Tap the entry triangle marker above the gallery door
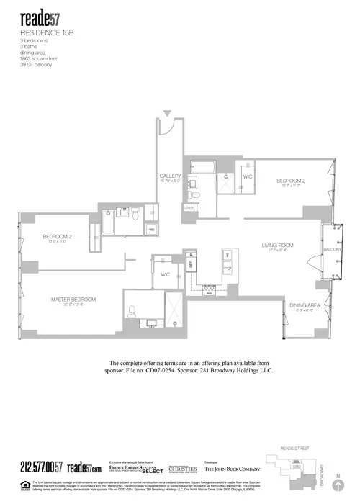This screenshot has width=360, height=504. coord(167,114)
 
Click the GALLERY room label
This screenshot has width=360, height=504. coord(171,176)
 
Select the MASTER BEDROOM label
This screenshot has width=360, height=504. coord(73,299)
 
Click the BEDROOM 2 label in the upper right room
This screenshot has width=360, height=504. coord(291,181)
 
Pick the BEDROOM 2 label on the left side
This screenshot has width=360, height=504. coord(55,237)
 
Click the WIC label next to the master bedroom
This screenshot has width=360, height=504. coord(165,274)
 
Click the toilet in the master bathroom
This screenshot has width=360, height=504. coord(132,312)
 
